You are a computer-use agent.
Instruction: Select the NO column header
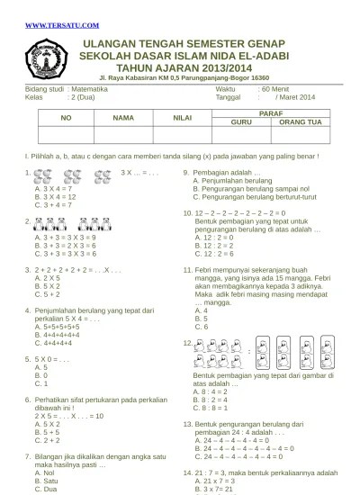pyautogui.click(x=66, y=118)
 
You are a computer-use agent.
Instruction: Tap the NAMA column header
pyautogui.click(x=123, y=118)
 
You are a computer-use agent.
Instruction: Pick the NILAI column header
pyautogui.click(x=183, y=118)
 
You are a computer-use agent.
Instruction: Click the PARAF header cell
pyautogui.click(x=271, y=112)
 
